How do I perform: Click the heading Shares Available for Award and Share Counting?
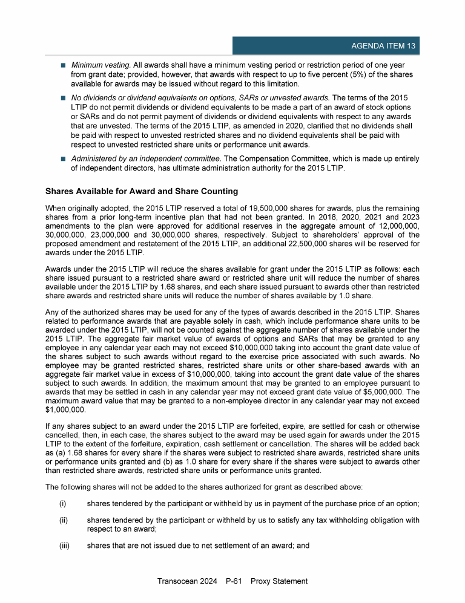pyautogui.click(x=142, y=192)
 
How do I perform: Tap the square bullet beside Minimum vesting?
pyautogui.click(x=63, y=65)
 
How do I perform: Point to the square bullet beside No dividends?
pyautogui.click(x=63, y=97)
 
